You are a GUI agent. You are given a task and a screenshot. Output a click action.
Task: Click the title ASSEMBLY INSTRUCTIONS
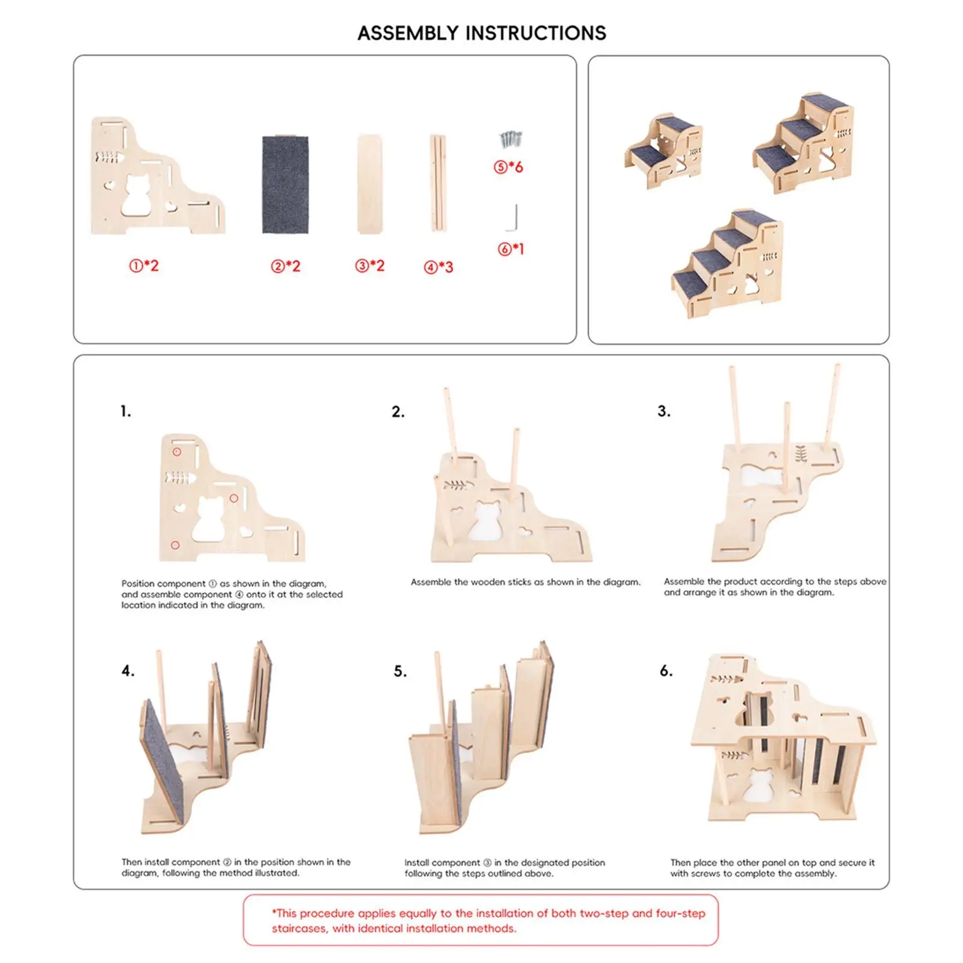point(482,33)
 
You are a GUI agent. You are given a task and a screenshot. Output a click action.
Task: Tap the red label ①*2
point(144,265)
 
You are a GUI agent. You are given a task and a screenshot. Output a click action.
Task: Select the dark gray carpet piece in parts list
point(285,184)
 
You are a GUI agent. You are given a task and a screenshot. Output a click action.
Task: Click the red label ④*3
point(438,267)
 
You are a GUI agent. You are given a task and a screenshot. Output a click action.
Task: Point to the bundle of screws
point(510,140)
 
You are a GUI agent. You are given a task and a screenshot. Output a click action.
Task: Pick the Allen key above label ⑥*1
point(512,218)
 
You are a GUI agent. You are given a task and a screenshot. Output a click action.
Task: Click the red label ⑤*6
point(509,167)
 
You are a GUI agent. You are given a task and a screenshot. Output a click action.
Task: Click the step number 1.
point(125,412)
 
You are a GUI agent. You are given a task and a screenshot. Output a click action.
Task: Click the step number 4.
point(128,671)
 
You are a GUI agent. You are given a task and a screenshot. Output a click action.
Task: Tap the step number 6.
point(666,671)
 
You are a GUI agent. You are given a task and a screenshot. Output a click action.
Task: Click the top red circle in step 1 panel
point(177,451)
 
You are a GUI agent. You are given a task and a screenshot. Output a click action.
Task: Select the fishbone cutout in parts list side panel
point(108,158)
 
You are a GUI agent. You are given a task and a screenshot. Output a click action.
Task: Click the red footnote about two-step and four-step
point(488,920)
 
